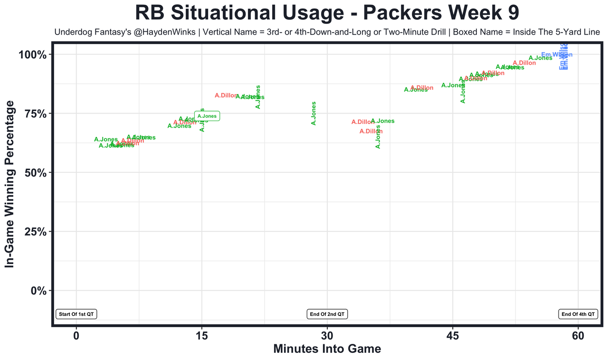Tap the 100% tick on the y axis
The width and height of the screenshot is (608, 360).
[33, 55]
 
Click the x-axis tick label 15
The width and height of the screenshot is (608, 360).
[201, 336]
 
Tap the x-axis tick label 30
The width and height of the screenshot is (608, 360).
[327, 336]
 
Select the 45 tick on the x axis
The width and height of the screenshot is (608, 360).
[453, 336]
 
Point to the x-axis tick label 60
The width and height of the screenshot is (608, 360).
[578, 336]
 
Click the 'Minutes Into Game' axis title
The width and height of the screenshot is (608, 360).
[327, 349]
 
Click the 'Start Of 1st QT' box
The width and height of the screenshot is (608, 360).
[76, 314]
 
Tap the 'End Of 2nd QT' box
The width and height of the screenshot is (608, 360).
[328, 314]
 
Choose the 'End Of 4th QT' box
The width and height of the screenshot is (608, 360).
[578, 314]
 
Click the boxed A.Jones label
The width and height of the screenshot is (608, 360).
[207, 116]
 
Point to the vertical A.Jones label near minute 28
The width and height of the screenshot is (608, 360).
[313, 114]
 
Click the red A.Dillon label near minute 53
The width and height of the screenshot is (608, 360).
[524, 63]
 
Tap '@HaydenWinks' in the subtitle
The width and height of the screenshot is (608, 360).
[150, 32]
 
